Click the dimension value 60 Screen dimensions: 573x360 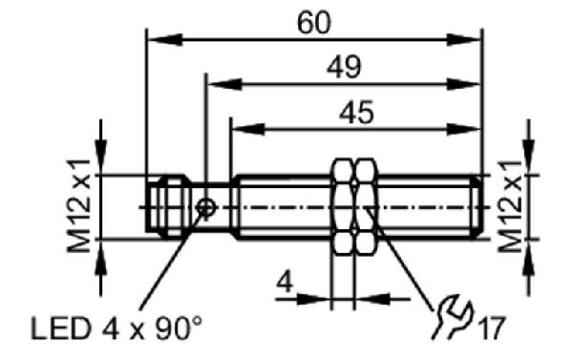pos(313,23)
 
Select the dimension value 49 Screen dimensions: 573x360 pos(344,67)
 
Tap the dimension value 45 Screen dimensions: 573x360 pos(356,112)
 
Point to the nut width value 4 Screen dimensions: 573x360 pos(285,282)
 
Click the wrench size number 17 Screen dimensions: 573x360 pos(492,328)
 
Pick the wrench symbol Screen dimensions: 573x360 pos(453,316)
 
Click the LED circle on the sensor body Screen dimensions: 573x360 pos(205,207)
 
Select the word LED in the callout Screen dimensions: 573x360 pos(61,328)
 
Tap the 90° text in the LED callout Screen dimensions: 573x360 pos(179,328)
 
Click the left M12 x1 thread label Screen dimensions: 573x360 pos(78,205)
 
